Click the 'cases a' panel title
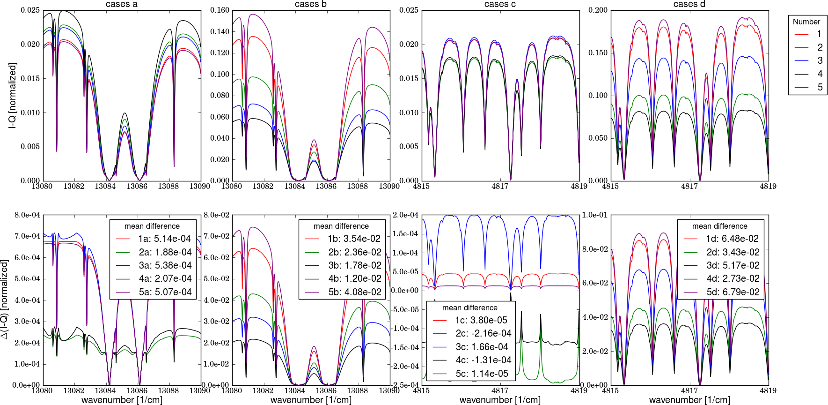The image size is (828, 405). coord(122,4)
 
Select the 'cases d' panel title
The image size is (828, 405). coord(689,4)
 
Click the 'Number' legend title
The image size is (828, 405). coord(806,22)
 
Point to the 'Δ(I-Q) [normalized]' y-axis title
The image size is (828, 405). coord(5,300)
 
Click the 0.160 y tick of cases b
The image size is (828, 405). coord(220,10)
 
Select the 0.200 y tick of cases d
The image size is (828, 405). coord(598,10)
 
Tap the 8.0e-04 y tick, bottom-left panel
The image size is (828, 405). coord(28,215)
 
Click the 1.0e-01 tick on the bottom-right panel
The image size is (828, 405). coord(595,215)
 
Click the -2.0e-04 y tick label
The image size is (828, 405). coord(405,366)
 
